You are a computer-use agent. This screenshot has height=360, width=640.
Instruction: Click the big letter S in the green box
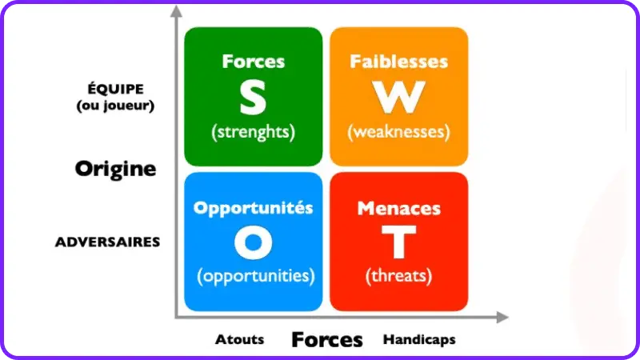253,98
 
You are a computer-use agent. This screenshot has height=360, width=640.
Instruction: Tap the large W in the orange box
398,97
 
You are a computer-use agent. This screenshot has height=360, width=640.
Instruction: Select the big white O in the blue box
254,242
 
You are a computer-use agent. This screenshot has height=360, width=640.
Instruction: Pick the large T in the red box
398,242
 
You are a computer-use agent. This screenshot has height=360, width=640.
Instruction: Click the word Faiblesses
398,62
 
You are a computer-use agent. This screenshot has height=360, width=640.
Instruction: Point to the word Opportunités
254,208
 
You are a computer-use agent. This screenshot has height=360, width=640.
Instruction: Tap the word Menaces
398,209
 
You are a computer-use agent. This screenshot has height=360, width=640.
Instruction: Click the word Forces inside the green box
254,62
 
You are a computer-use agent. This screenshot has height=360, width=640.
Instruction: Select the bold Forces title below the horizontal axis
327,339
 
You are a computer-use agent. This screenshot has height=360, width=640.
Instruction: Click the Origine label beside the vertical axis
115,169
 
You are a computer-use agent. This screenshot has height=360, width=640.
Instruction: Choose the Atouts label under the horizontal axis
239,339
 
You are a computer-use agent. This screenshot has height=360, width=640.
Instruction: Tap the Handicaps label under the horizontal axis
419,339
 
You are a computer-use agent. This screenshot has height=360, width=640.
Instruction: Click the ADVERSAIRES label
107,242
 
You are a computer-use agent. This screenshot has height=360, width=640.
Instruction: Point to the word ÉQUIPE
115,89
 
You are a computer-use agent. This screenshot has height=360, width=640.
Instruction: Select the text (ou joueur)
115,106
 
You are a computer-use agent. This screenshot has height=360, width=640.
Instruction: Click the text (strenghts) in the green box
254,132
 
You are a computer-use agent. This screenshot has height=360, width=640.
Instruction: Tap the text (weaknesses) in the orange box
398,132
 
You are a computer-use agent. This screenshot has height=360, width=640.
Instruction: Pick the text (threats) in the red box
398,276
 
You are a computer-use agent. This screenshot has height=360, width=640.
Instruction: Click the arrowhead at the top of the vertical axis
176,11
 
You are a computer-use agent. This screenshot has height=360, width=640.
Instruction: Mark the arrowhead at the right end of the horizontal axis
502,317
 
